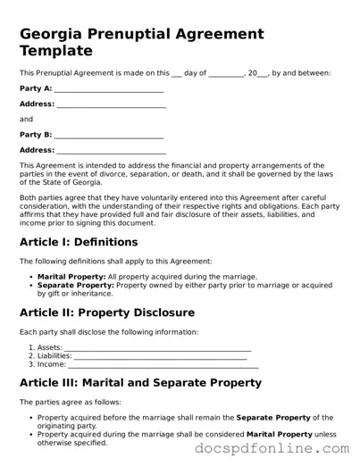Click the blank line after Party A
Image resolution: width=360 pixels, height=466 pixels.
tap(109, 89)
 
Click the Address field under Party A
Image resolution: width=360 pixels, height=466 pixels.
tap(112, 104)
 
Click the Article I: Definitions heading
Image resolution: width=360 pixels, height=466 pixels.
tap(79, 242)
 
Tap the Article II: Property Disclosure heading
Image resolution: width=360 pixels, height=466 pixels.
tap(107, 312)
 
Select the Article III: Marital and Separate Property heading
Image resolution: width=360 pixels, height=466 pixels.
tap(140, 383)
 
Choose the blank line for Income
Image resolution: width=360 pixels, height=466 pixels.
tap(163, 364)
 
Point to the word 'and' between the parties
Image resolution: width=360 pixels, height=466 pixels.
tap(26, 119)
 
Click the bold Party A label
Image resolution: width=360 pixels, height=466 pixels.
tap(35, 89)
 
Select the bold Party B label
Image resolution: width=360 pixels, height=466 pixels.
tap(35, 135)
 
